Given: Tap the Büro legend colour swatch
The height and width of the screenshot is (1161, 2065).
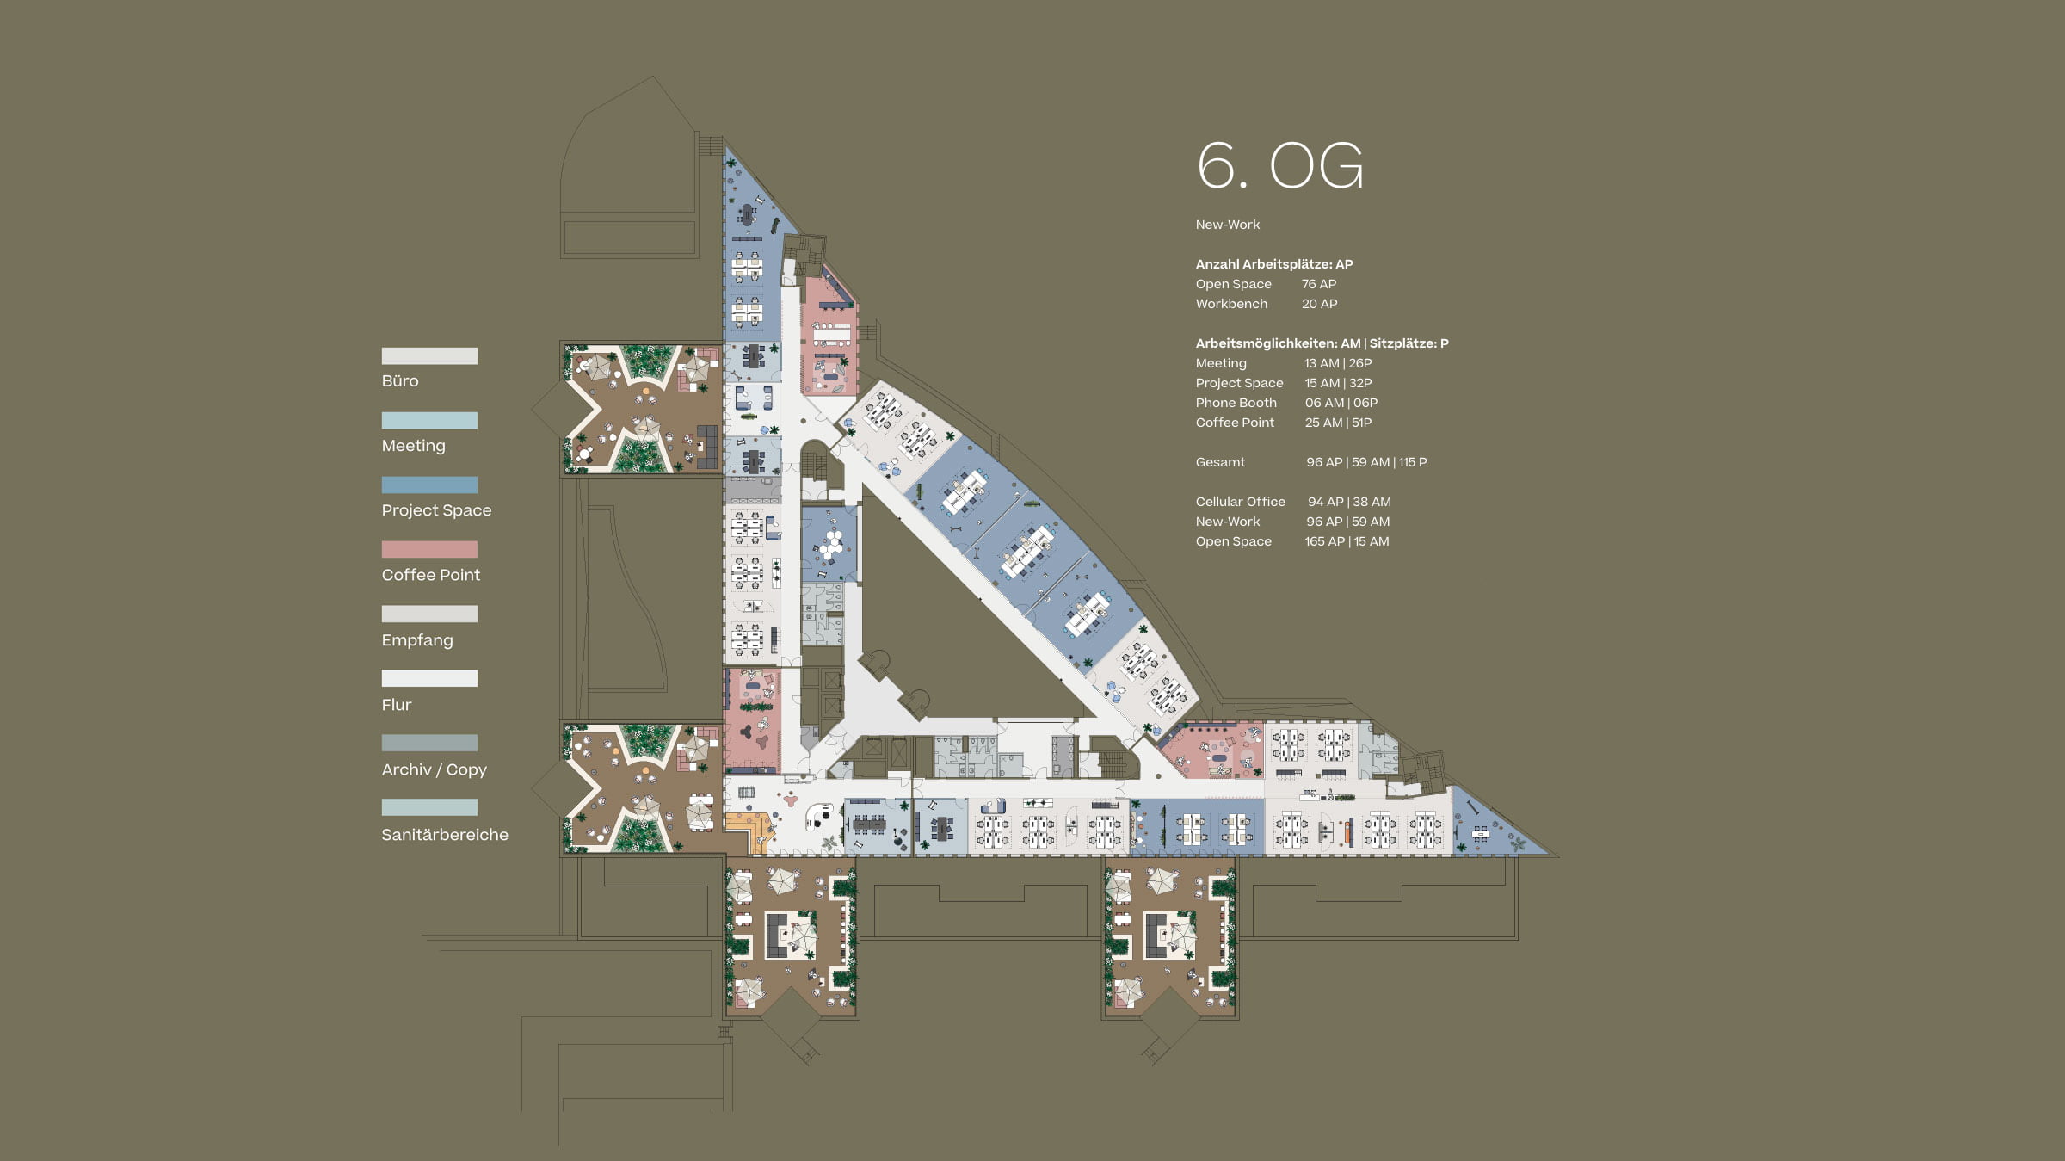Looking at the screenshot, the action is [x=429, y=355].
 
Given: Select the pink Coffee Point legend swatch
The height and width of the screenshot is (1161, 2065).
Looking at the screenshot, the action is [x=429, y=549].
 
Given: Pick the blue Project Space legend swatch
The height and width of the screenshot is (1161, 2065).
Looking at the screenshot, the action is [x=429, y=485].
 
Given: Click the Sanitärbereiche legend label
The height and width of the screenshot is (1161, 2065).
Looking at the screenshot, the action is [x=445, y=834].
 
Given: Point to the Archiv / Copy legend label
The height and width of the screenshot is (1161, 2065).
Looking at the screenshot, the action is [x=435, y=769].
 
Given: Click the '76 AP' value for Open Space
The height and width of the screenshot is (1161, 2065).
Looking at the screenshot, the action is [x=1319, y=284].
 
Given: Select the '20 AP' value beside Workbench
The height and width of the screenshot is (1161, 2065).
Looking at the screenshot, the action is [x=1319, y=304].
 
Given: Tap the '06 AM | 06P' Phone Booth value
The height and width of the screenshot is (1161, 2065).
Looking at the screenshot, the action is [x=1341, y=403].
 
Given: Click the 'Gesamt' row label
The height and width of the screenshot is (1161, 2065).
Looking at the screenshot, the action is [x=1220, y=462].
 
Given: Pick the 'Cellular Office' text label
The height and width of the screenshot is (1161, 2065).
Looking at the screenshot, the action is [x=1240, y=502].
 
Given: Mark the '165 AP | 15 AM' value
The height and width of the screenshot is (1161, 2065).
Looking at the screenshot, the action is [x=1347, y=541].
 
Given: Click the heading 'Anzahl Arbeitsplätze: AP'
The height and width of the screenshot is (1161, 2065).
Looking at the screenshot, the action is [x=1274, y=264].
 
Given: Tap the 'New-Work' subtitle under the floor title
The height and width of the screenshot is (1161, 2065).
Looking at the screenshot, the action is [x=1228, y=225].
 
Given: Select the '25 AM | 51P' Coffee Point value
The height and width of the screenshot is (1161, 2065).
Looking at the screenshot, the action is [x=1339, y=423].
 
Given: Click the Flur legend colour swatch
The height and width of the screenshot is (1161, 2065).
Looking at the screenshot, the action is [x=429, y=678].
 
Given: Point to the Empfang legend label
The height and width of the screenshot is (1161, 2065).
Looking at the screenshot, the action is [x=417, y=640].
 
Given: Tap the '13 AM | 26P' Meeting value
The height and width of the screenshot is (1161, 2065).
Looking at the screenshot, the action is [x=1338, y=363].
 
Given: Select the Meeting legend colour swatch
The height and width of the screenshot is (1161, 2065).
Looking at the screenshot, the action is [x=429, y=420].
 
